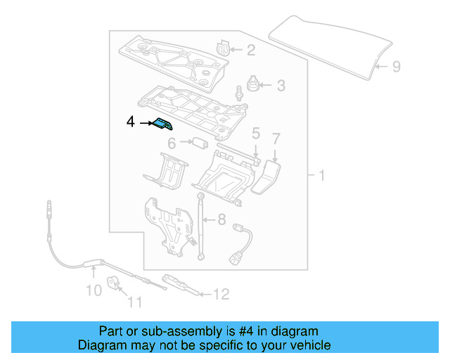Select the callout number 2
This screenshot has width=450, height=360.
[251, 49]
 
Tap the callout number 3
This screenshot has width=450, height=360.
[281, 86]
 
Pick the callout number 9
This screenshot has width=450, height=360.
[396, 67]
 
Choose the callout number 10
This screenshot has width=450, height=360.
[94, 290]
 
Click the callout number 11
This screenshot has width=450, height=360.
[134, 303]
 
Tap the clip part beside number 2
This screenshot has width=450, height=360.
[224, 48]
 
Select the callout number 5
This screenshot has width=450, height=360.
[256, 133]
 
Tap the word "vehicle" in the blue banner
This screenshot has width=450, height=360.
[309, 345]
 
